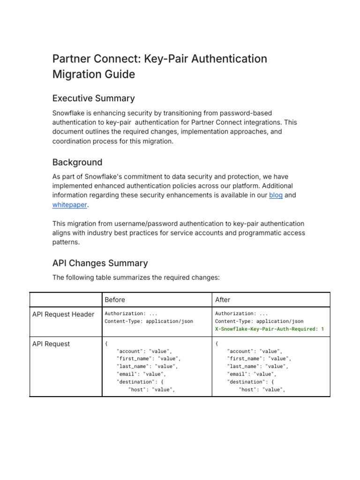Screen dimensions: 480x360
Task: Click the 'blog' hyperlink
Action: (276, 195)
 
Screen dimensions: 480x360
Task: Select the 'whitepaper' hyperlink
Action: (70, 204)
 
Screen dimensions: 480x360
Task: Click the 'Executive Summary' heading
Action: (93, 98)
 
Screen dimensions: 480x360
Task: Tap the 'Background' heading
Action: (77, 162)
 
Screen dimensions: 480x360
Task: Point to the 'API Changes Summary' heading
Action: (100, 263)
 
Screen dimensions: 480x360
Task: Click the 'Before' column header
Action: (115, 300)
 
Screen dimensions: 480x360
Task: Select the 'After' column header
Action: (223, 300)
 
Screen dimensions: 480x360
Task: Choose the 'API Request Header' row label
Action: (63, 314)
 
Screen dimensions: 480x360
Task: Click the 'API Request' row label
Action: (51, 344)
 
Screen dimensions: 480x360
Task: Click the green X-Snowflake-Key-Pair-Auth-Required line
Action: (270, 329)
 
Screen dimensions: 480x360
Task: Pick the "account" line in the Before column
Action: (144, 351)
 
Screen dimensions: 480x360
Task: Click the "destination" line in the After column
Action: (254, 382)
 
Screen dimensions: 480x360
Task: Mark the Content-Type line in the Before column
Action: (149, 321)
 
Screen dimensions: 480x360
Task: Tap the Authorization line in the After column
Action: (241, 313)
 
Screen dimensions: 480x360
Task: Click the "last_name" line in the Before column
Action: (147, 366)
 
